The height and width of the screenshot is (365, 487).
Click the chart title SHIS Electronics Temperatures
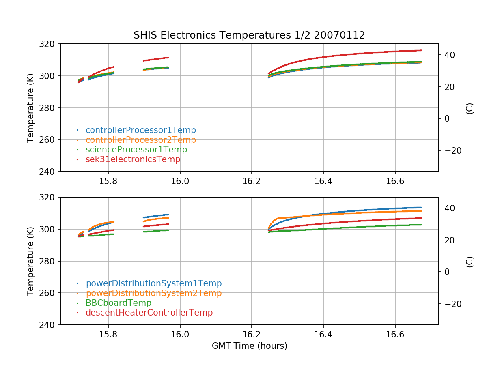[x=249, y=35]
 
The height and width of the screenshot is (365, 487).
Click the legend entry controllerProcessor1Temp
[x=140, y=130]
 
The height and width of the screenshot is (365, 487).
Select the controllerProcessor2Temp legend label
[x=140, y=140]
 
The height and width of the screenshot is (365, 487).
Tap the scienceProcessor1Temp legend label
[x=136, y=150]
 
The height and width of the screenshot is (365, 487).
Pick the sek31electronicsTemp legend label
[x=133, y=159]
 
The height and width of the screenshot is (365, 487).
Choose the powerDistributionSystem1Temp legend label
[x=153, y=283]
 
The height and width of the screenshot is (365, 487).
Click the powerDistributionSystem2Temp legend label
[x=153, y=293]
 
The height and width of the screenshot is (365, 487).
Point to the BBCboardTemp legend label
[x=118, y=303]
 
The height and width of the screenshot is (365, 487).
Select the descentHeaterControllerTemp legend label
[x=149, y=313]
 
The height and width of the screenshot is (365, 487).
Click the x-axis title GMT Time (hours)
[x=249, y=346]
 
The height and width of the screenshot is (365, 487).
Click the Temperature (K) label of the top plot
[x=30, y=107]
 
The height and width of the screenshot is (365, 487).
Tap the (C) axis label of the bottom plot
[x=470, y=261]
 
